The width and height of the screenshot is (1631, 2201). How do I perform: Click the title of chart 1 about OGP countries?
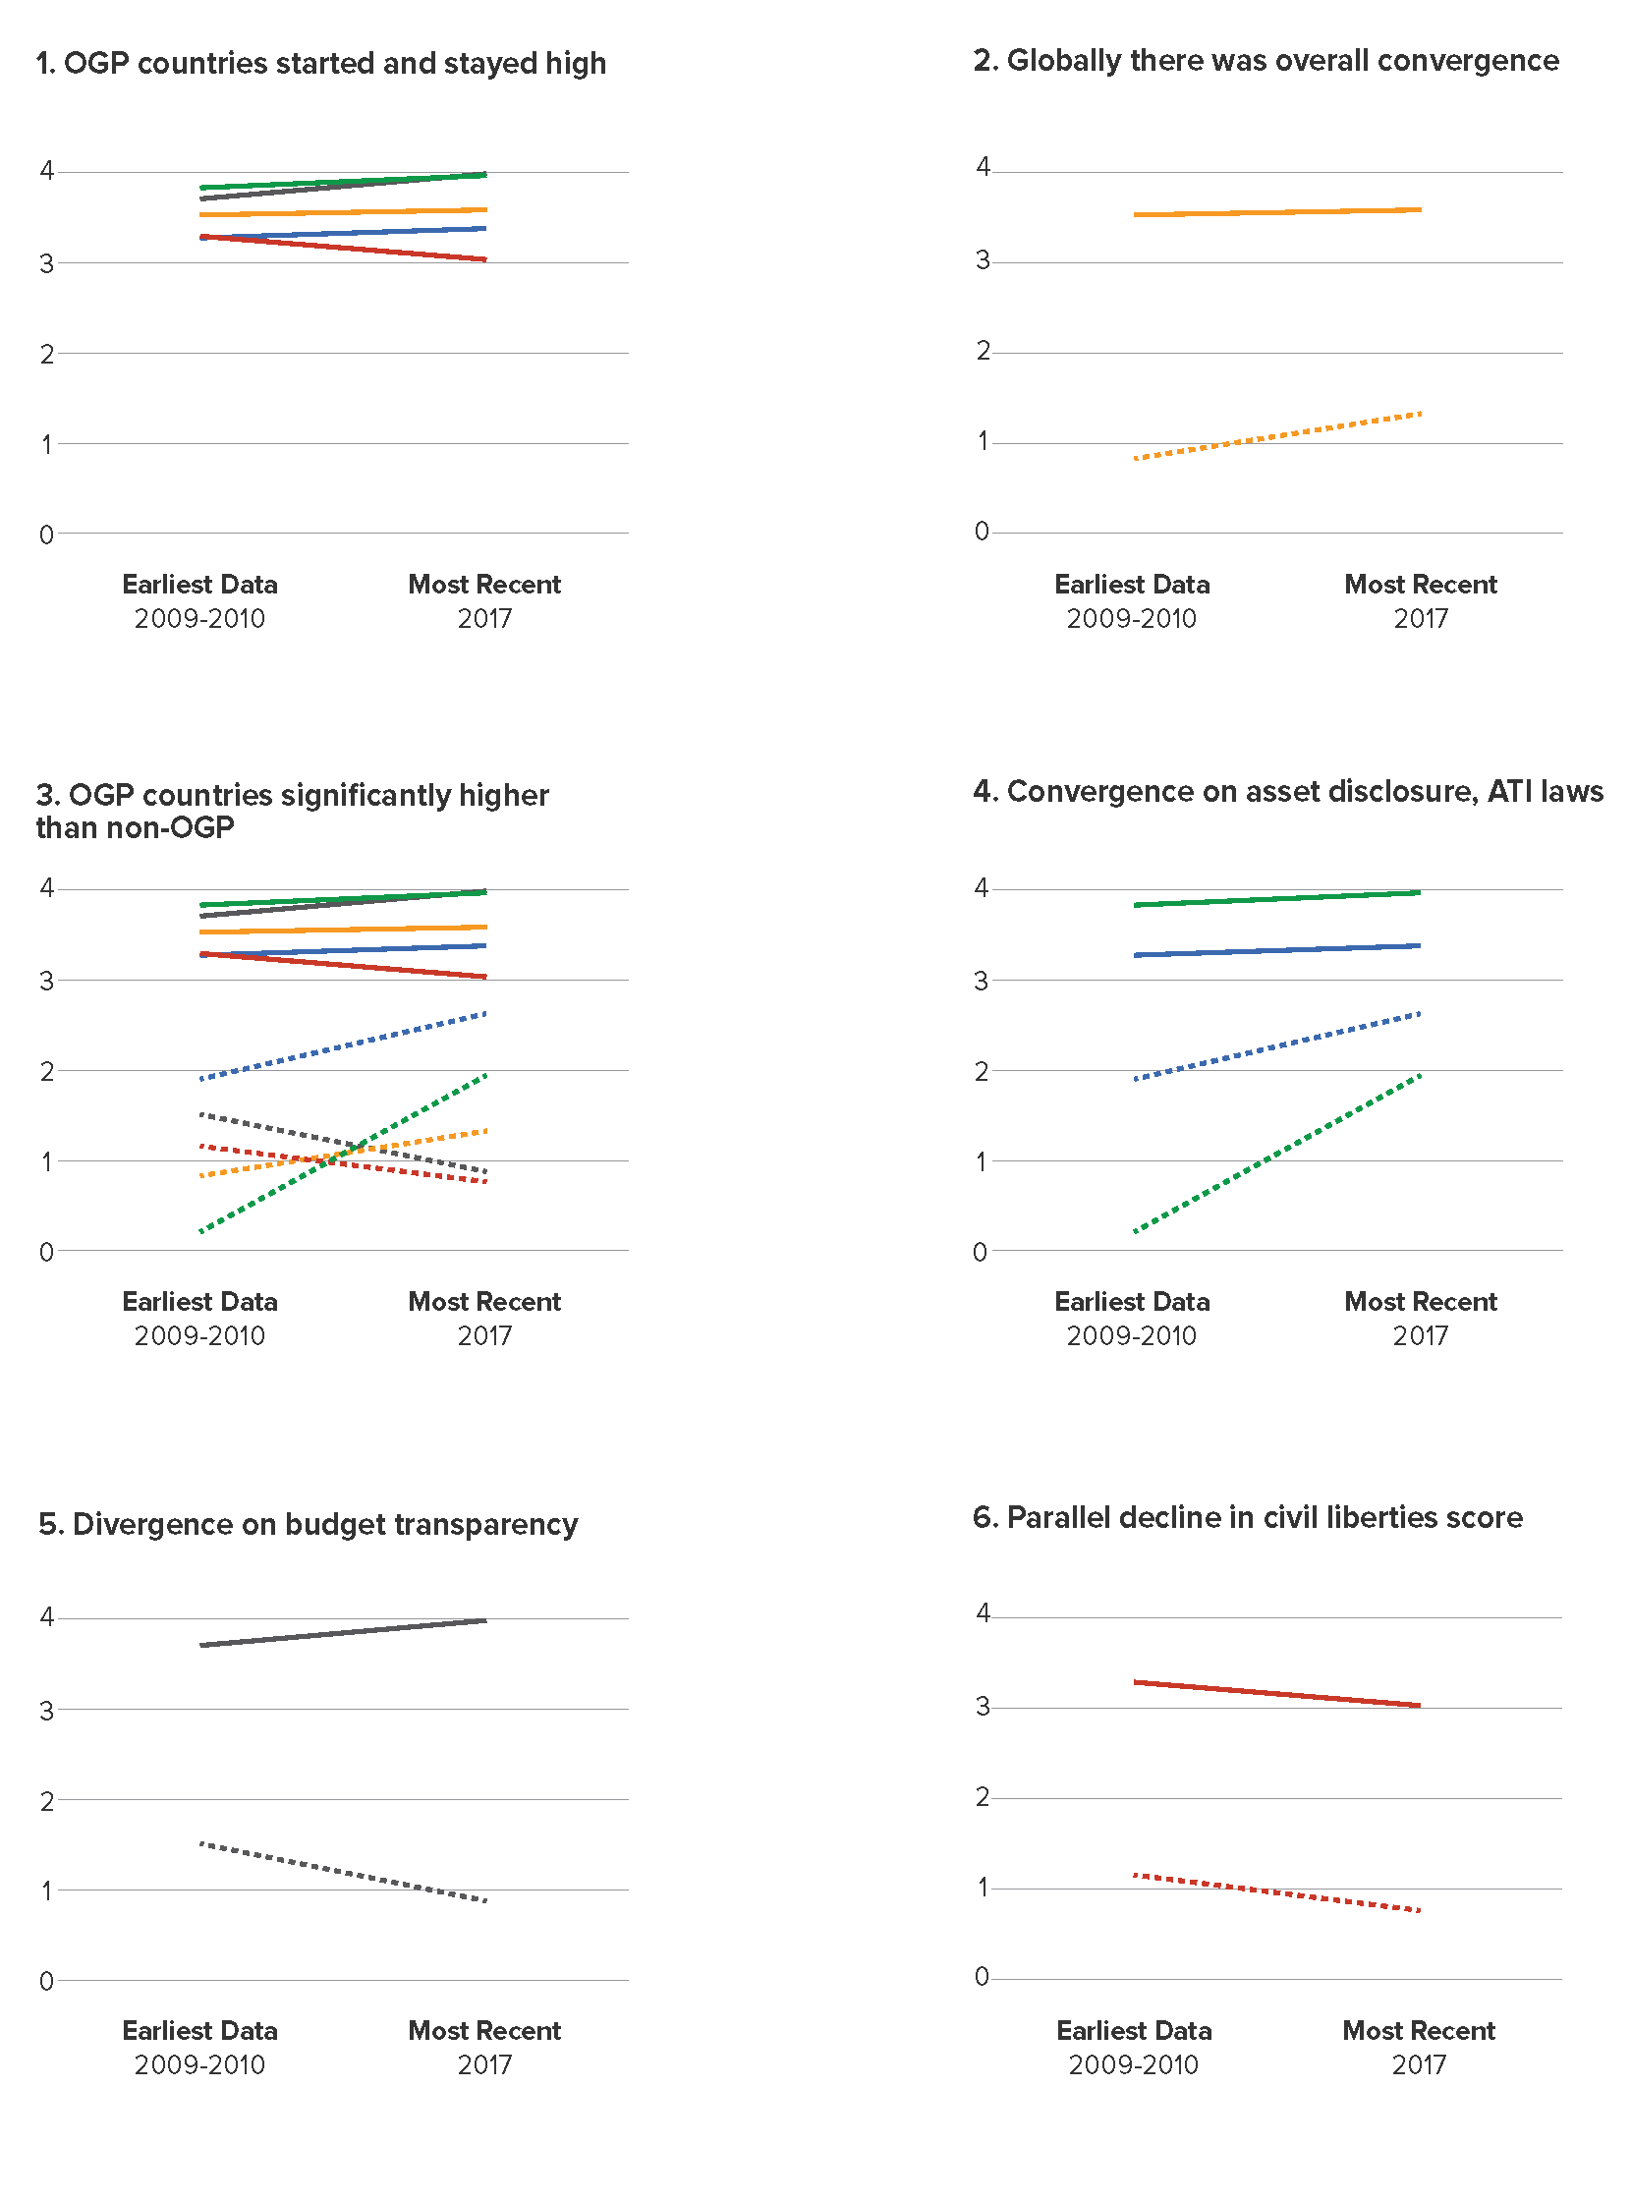pyautogui.click(x=321, y=63)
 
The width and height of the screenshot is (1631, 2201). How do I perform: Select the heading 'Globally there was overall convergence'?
pyautogui.click(x=1282, y=61)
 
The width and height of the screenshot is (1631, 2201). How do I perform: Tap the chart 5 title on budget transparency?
pyautogui.click(x=309, y=1524)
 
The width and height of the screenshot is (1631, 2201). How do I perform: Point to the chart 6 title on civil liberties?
pyautogui.click(x=1248, y=1517)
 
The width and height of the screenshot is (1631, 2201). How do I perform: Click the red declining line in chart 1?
pyautogui.click(x=343, y=248)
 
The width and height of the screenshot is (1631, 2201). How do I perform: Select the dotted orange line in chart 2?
pyautogui.click(x=1277, y=435)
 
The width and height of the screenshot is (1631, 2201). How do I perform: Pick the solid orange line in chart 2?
pyautogui.click(x=1277, y=211)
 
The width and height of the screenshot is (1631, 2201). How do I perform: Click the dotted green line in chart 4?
pyautogui.click(x=1277, y=1153)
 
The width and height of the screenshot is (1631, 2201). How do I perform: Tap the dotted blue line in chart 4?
pyautogui.click(x=1277, y=1045)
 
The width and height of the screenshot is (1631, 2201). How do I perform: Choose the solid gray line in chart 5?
pyautogui.click(x=343, y=1632)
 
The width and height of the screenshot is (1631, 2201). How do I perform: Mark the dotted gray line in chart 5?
pyautogui.click(x=343, y=1871)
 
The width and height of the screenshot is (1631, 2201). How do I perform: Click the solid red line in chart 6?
pyautogui.click(x=1277, y=1693)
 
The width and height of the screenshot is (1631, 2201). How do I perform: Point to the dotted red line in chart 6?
pyautogui.click(x=1277, y=1891)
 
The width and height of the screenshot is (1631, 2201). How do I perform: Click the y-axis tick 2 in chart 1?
pyautogui.click(x=46, y=355)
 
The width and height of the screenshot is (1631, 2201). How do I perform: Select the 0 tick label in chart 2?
pyautogui.click(x=982, y=532)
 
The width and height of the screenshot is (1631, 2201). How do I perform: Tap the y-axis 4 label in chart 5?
pyautogui.click(x=46, y=1616)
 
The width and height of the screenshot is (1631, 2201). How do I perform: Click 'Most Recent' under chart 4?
pyautogui.click(x=1421, y=1302)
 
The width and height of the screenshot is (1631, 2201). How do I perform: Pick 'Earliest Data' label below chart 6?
pyautogui.click(x=1134, y=2030)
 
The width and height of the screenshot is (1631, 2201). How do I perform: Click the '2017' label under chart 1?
pyautogui.click(x=484, y=619)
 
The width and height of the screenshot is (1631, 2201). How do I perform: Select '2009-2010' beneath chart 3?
pyautogui.click(x=199, y=1336)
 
